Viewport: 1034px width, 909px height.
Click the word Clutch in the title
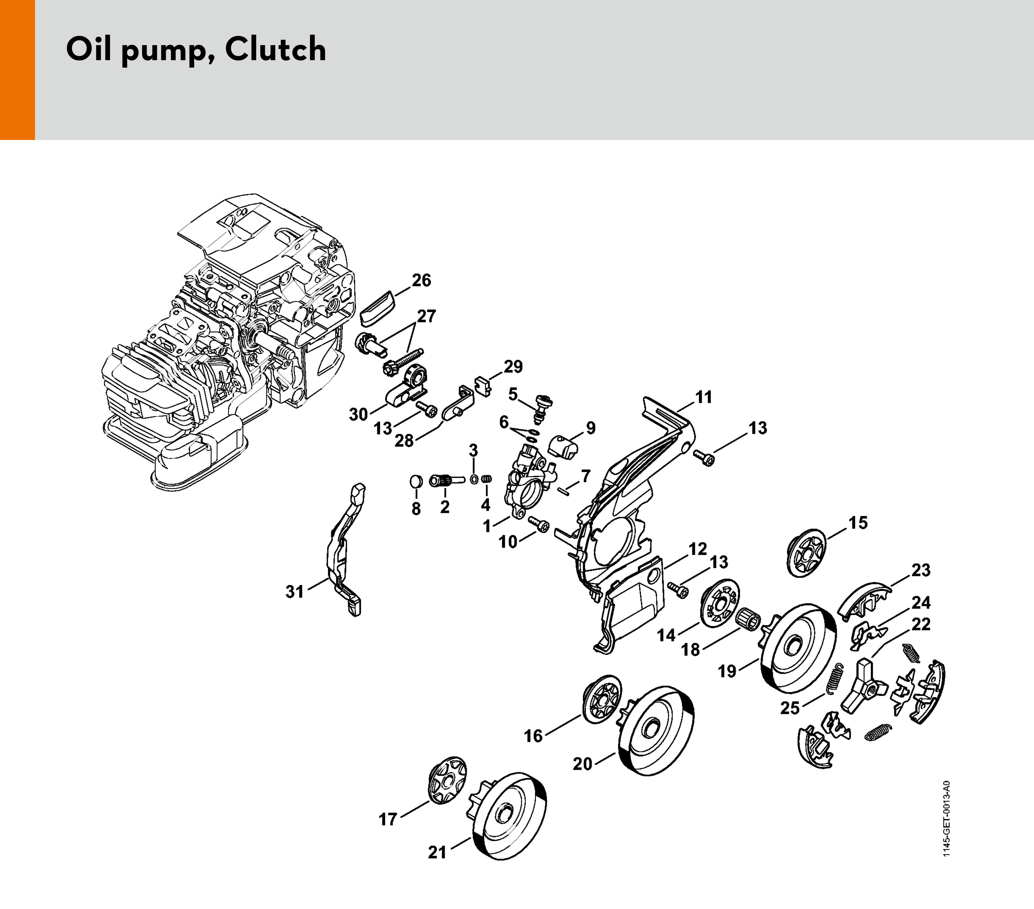pos(275,50)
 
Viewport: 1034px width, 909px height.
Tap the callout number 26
pos(421,280)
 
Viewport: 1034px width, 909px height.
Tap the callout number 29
pos(513,367)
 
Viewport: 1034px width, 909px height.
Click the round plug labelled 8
pos(416,481)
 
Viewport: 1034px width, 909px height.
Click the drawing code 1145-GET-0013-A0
pos(946,819)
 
